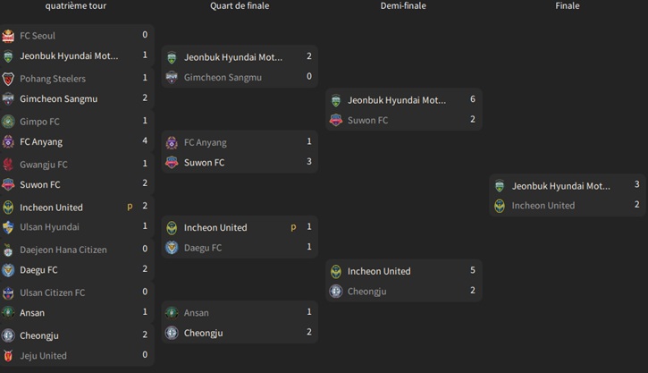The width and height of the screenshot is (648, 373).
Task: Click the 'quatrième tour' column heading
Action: tap(77, 6)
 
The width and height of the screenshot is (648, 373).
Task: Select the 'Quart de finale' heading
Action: tap(240, 6)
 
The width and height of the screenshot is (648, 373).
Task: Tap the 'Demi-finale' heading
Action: tap(403, 6)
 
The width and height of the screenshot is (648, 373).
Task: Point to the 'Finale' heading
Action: tap(568, 6)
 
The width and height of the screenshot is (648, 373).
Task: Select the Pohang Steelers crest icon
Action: tap(8, 79)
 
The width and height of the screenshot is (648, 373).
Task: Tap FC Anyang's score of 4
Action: tap(145, 141)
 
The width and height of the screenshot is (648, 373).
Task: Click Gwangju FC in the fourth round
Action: tap(43, 165)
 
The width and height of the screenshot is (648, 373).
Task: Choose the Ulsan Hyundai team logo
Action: tap(8, 227)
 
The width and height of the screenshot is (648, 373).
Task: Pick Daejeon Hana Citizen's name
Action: tap(63, 250)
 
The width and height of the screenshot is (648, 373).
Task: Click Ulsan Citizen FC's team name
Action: tap(53, 292)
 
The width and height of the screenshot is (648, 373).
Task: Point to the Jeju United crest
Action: tap(8, 356)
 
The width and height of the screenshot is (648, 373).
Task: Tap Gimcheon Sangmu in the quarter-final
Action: tap(223, 78)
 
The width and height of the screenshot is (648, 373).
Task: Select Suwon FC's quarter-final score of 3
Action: tap(309, 162)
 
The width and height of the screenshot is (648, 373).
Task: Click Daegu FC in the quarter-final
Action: tap(203, 248)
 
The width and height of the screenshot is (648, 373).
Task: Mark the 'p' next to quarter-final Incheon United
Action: tap(293, 227)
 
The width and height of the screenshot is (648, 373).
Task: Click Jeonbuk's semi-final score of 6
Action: tap(473, 99)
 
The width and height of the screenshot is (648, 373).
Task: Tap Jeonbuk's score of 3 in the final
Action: tap(637, 185)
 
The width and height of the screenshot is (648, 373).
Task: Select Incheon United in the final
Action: tap(543, 206)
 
